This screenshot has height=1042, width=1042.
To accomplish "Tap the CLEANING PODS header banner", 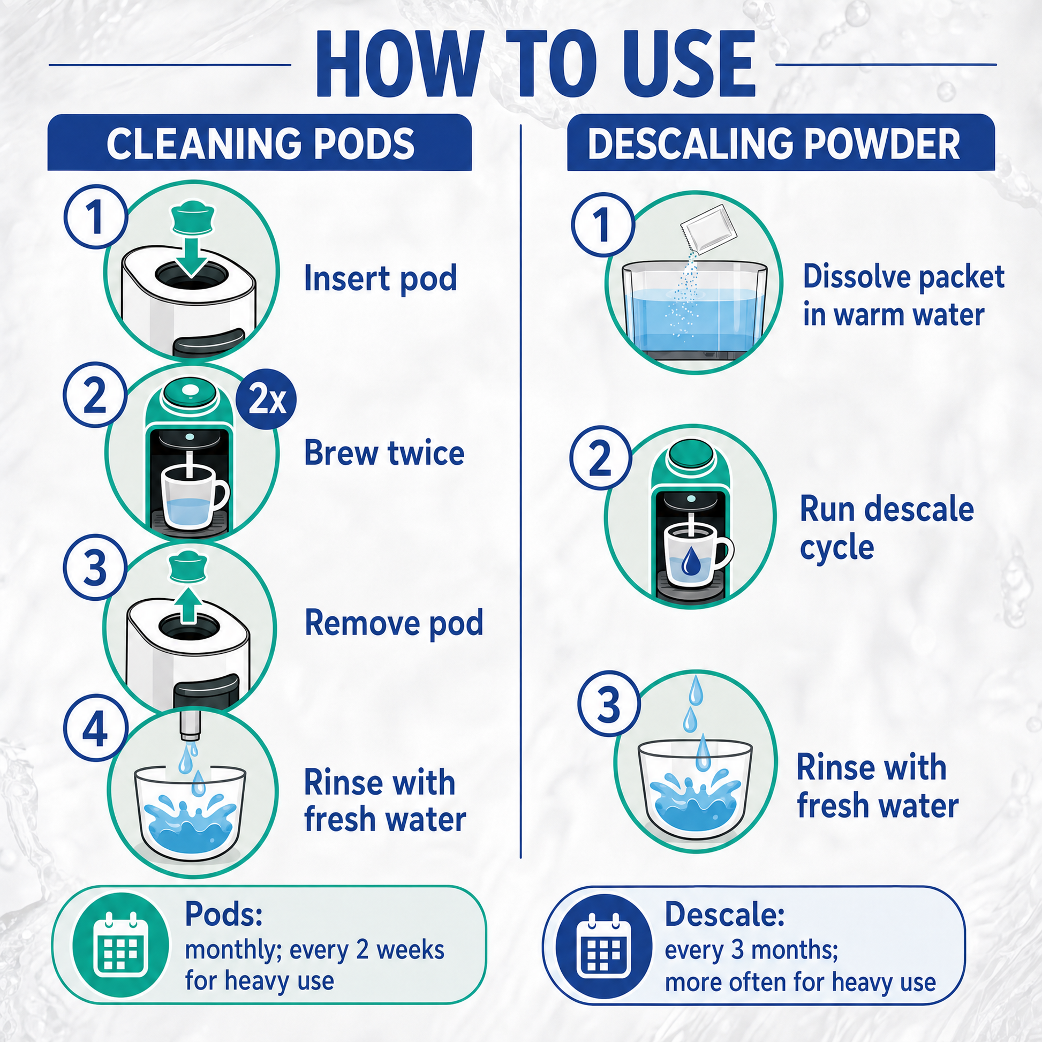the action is coord(259,143).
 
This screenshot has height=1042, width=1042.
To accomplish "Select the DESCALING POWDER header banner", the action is coord(780,143).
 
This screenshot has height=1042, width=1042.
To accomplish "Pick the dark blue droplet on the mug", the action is coord(690,562).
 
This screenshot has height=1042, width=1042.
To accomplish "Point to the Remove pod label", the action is coord(394,623).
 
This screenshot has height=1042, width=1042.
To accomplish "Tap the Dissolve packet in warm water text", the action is coord(903,296).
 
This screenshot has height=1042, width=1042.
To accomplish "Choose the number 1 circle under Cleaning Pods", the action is coord(96,217).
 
